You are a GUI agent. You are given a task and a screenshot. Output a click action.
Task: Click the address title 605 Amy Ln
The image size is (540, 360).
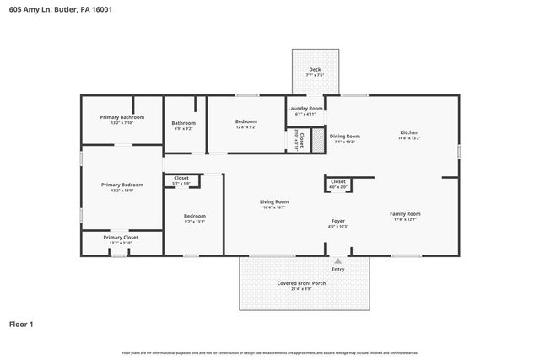58,9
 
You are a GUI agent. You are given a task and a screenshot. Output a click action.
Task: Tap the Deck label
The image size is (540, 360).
314,70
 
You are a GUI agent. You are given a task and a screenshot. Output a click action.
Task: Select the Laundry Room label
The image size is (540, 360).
305,109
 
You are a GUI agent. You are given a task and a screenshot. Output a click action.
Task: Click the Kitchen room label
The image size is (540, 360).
408,132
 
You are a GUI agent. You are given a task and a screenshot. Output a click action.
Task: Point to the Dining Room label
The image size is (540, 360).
344,136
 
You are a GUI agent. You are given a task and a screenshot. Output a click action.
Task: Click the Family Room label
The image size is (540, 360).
405,213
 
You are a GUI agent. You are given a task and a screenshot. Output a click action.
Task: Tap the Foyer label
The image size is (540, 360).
337,221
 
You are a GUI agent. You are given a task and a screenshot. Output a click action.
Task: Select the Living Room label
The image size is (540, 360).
274,201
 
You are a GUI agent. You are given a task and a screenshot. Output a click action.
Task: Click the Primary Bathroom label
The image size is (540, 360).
121,117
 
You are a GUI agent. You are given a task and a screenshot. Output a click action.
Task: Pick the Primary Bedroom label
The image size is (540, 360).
121,184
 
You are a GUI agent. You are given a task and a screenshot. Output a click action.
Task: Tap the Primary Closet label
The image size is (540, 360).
121,237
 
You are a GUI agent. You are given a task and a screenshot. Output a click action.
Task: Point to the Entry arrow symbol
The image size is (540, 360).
337,261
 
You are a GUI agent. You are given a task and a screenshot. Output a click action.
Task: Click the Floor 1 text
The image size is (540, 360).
21,324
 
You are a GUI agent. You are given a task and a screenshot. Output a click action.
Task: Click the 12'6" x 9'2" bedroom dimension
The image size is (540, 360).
246,127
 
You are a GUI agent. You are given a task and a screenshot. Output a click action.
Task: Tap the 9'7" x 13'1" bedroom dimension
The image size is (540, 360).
194,222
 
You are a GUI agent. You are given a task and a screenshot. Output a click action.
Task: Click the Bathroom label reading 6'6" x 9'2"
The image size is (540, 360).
184,129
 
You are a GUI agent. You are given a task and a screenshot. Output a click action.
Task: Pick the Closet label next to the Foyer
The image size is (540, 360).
337,181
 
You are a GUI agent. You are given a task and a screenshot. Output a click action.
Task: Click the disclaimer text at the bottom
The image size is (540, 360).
269,352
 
